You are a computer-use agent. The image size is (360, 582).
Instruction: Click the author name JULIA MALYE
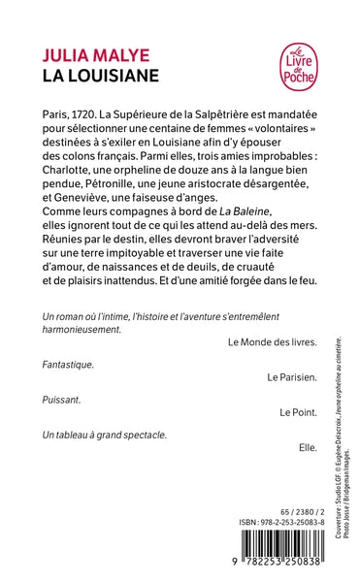pos(86,49)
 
